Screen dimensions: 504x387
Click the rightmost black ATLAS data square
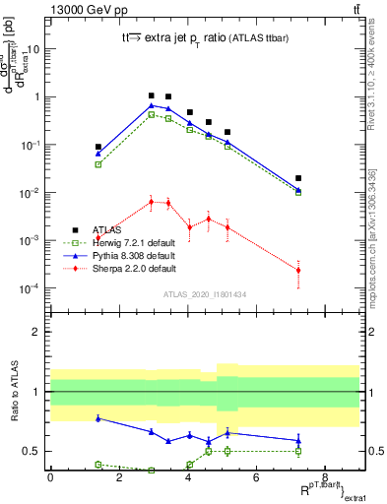click(x=298, y=178)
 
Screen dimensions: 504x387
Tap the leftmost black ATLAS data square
click(x=98, y=147)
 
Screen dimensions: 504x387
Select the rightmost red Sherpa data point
click(x=298, y=270)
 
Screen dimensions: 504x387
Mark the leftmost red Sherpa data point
click(x=98, y=237)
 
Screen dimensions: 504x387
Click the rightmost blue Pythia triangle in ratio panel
click(x=298, y=440)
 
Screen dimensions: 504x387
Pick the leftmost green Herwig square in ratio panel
click(x=98, y=464)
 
